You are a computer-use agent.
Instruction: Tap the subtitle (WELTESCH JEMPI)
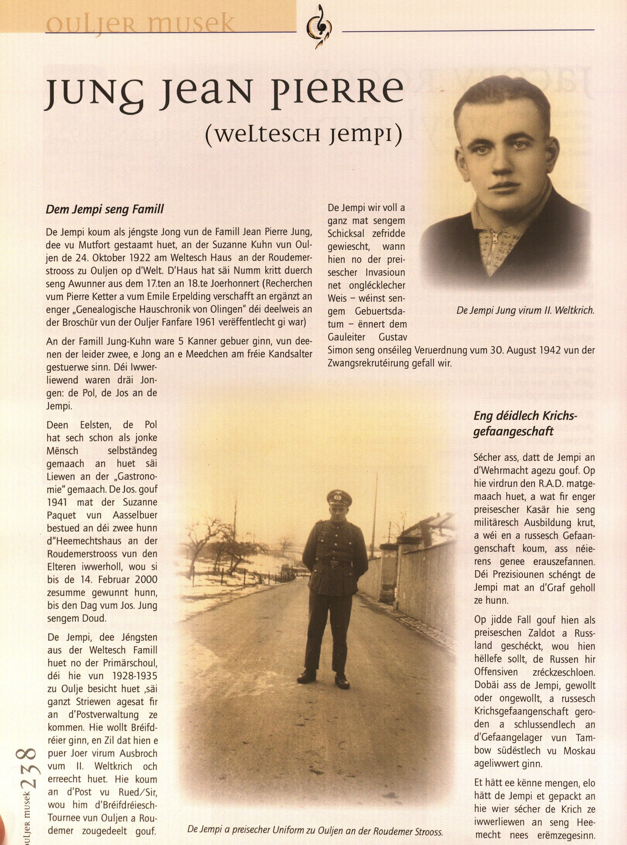303,136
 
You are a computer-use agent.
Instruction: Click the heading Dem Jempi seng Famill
105,209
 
